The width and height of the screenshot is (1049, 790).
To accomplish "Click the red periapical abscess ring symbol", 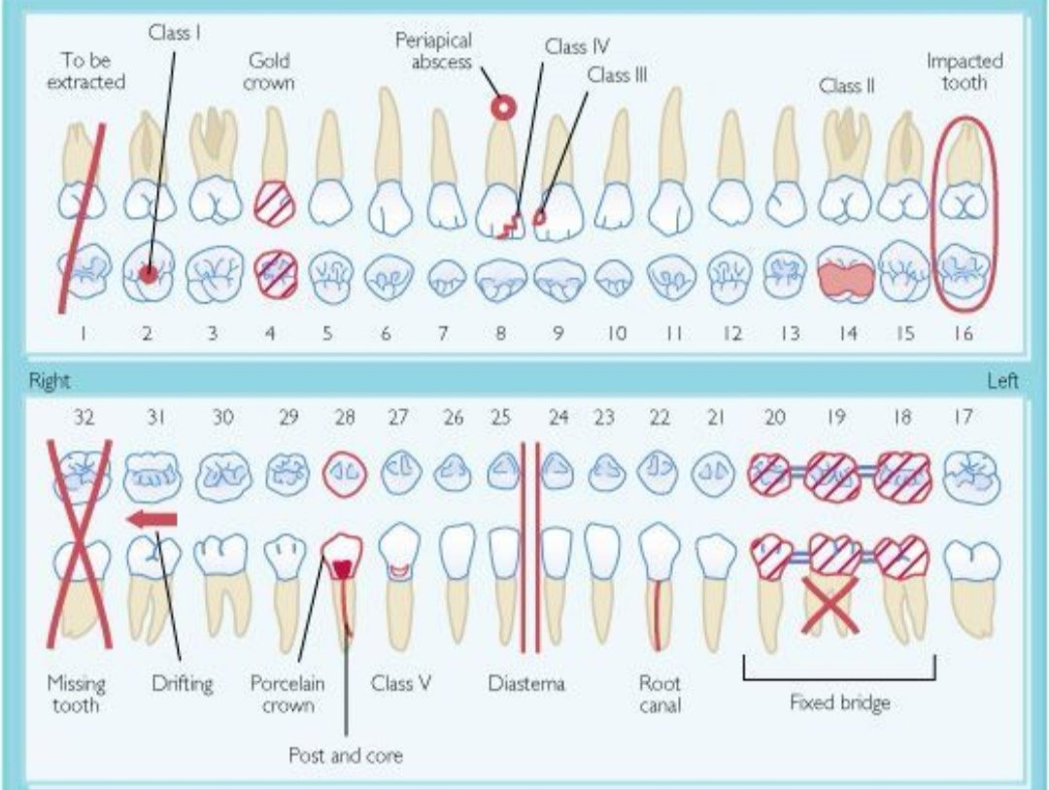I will click(x=502, y=108).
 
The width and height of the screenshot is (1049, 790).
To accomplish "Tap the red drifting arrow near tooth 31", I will click(x=152, y=520).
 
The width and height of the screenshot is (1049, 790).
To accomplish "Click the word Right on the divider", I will click(x=49, y=381).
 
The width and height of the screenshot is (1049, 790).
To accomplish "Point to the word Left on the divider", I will click(x=1002, y=381).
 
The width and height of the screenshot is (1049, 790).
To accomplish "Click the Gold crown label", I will click(x=269, y=72).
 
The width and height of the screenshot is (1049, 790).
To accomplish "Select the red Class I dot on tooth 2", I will click(x=147, y=274).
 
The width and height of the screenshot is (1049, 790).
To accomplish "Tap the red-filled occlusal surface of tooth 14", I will click(x=847, y=277).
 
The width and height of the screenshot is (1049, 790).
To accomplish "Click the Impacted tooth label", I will click(x=964, y=72).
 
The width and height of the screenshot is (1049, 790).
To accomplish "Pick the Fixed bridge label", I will click(x=839, y=703).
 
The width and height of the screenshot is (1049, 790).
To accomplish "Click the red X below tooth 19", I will click(x=830, y=604).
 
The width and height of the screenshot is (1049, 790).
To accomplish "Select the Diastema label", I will click(x=525, y=683).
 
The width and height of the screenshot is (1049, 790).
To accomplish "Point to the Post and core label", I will click(x=345, y=754).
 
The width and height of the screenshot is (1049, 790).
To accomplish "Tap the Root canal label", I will click(x=660, y=694).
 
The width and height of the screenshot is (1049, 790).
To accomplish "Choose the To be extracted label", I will click(x=85, y=72).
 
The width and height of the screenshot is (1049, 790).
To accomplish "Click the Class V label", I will click(x=400, y=683).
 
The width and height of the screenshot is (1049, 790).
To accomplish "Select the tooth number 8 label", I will click(x=501, y=333).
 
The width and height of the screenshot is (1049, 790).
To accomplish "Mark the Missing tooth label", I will click(x=76, y=694).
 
